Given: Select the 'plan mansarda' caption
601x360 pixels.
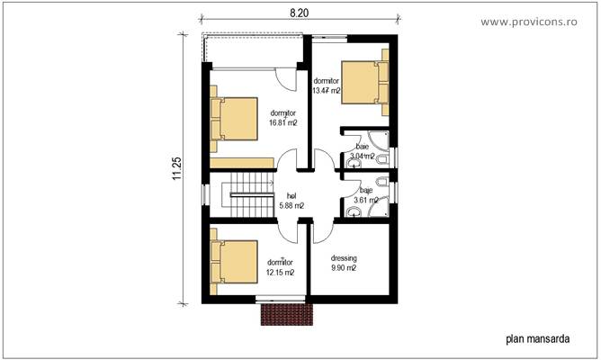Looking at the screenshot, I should (x=537, y=339).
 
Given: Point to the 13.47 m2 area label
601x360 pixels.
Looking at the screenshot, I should (x=326, y=85).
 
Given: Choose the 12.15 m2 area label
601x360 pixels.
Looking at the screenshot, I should (x=280, y=266).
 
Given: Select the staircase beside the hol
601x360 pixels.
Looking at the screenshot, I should (x=253, y=195).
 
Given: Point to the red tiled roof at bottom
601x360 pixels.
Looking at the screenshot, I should (x=285, y=314).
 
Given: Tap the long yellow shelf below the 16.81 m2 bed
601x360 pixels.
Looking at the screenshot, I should (x=243, y=162).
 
